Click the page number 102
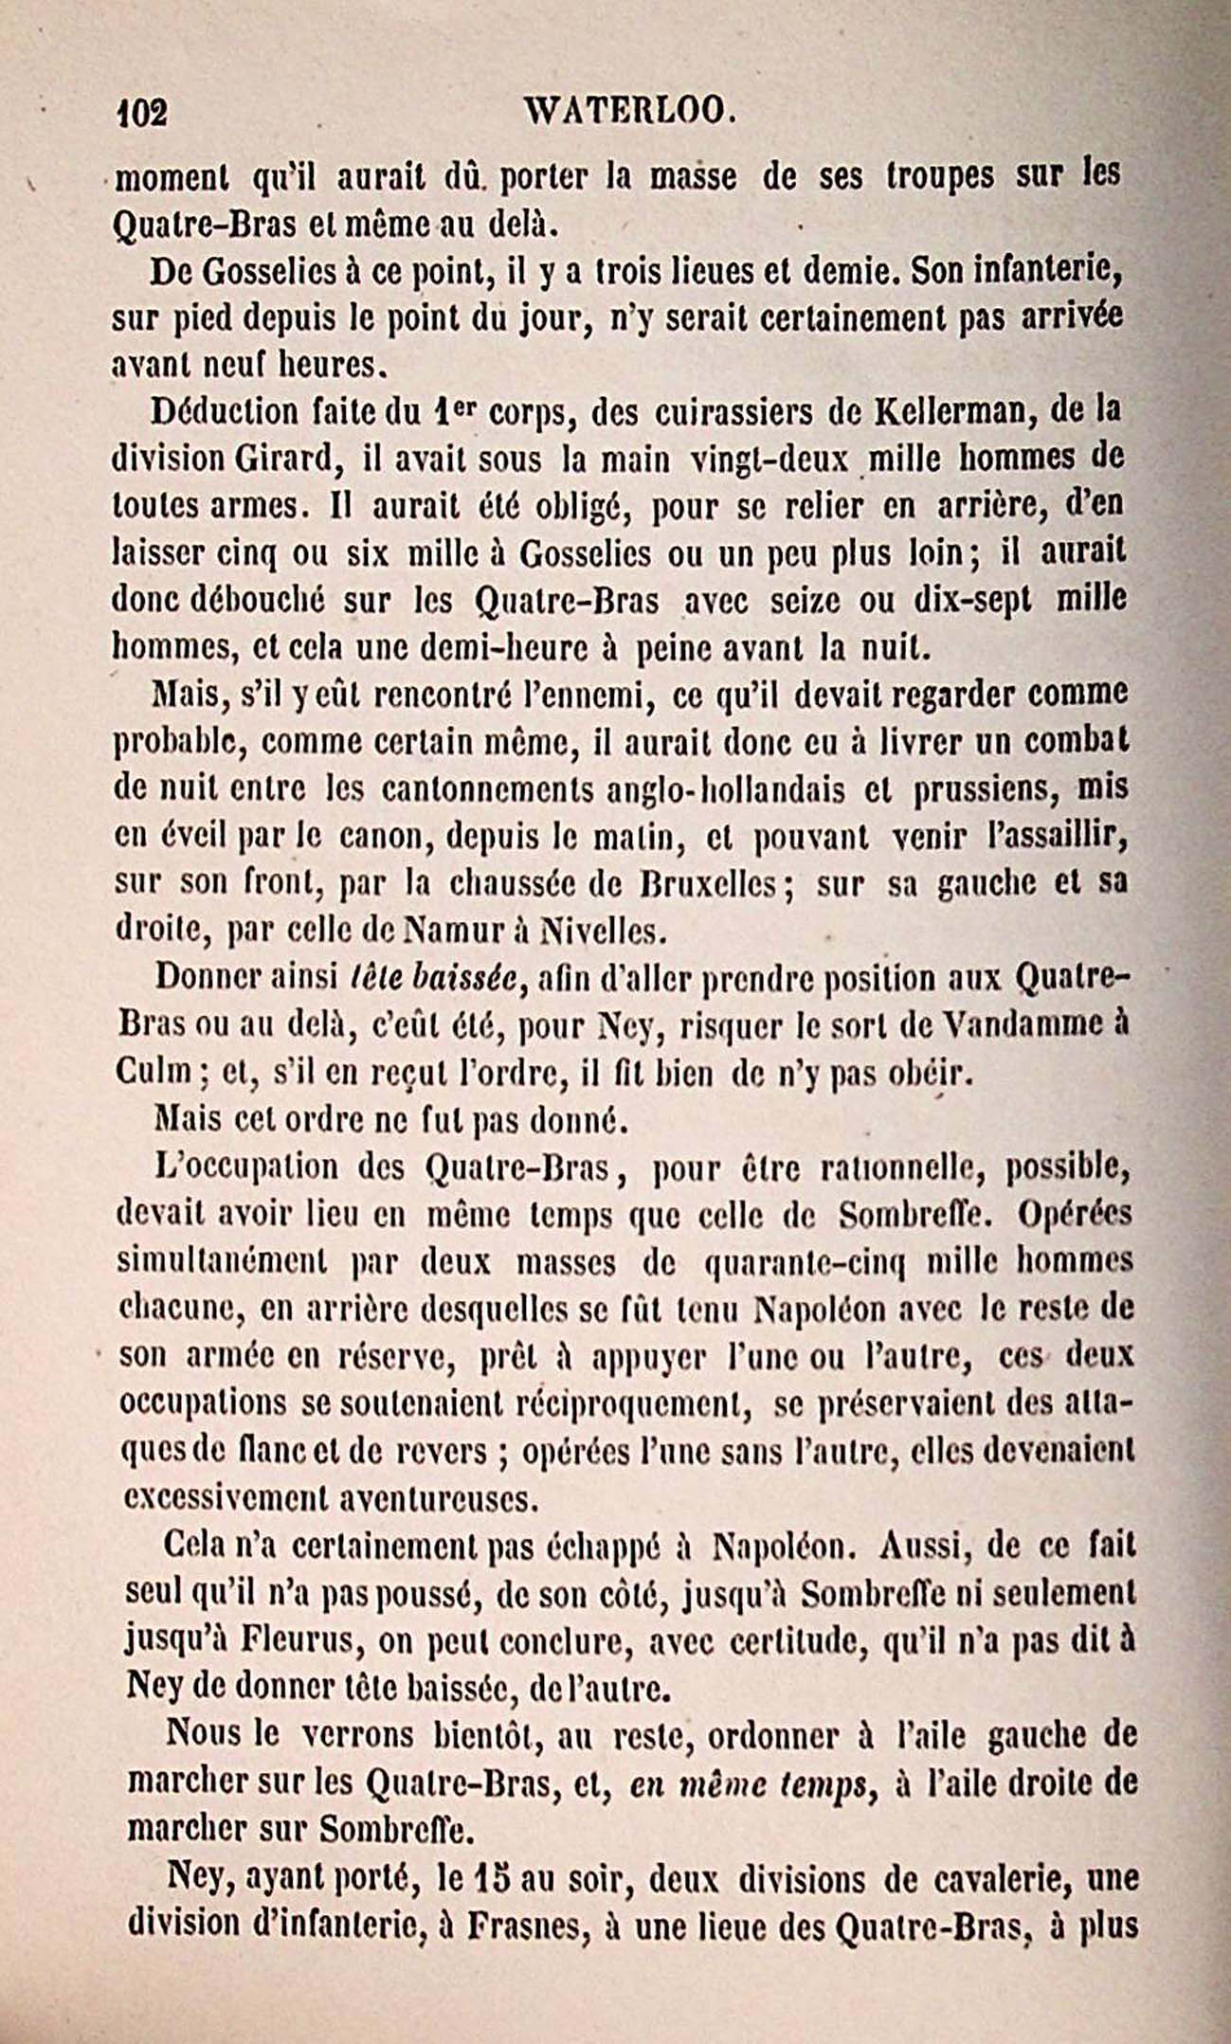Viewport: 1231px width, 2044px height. click(x=141, y=114)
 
